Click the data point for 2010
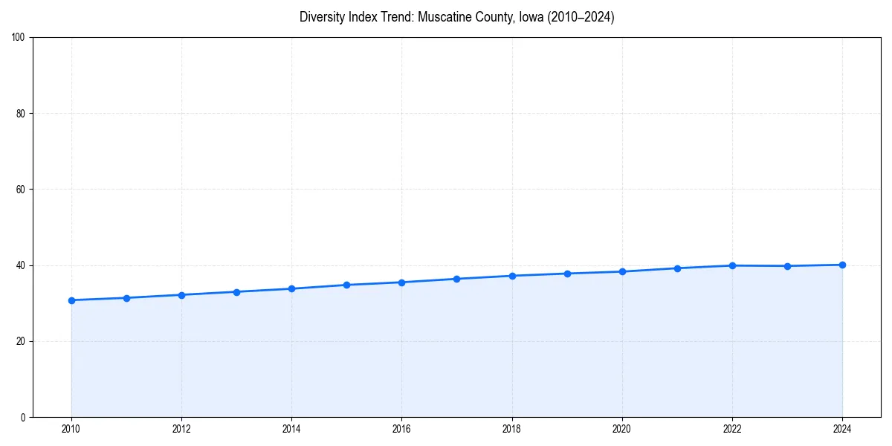[x=71, y=300]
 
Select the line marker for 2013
[x=236, y=292]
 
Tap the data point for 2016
[x=401, y=282]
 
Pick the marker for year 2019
[x=567, y=274]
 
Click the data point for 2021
[x=677, y=268]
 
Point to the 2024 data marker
[x=842, y=265]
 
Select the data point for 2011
[x=126, y=298]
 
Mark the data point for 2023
[x=787, y=266]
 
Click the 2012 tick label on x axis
[x=181, y=429]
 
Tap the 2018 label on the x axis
[x=512, y=429]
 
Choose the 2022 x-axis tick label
[x=732, y=429]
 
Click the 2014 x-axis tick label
[x=291, y=429]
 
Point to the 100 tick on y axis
[x=19, y=37]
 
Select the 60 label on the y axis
[x=21, y=190]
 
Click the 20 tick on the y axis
[x=21, y=341]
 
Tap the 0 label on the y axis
[x=23, y=417]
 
